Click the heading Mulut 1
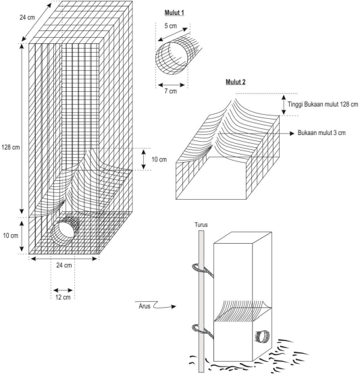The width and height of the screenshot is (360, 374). pos(174,13)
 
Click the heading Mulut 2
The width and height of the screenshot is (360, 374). pos(236,82)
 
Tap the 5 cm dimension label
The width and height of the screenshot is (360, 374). pos(171,26)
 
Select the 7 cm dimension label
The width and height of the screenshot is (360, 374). pos(171,91)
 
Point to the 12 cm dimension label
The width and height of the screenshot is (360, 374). pos(63,298)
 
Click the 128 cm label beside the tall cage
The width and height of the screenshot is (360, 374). pos(11,147)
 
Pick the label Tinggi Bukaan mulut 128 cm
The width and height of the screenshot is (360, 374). pos(323,104)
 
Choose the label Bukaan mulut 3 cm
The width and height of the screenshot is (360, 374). pos(322,133)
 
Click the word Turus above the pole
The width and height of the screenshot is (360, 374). pos(201,225)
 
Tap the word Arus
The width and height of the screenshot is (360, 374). pos(145,306)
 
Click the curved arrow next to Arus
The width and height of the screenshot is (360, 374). pos(165,305)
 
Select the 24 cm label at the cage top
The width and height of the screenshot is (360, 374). pos(27,18)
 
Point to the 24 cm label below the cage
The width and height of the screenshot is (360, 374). pos(64,265)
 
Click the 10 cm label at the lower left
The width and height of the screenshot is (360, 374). pos(11,236)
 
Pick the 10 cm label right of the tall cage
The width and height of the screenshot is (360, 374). pos(159,159)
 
